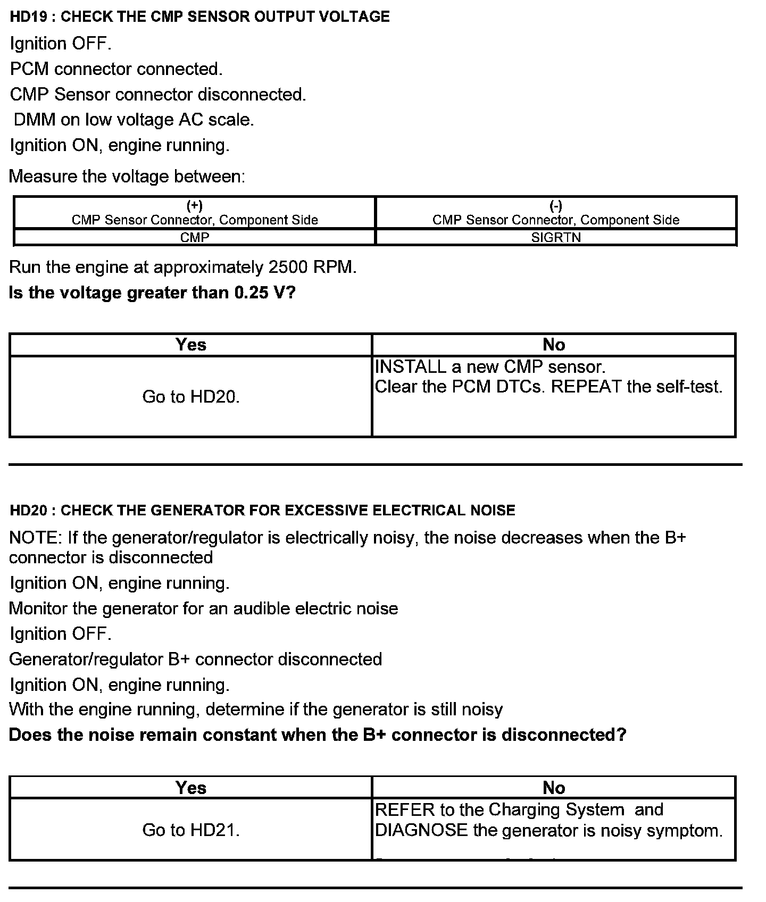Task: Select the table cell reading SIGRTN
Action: coord(556,238)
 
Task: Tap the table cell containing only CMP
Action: coord(195,238)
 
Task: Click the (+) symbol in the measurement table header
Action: coord(195,206)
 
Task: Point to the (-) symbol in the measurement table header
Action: coord(556,206)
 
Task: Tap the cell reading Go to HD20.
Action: coord(191,397)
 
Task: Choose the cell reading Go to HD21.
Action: coord(191,830)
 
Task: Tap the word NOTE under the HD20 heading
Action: coord(34,538)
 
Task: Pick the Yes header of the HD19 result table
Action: coord(191,345)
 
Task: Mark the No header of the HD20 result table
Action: coord(554,788)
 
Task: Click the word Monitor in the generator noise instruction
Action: coord(38,608)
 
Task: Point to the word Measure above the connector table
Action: coord(43,177)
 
